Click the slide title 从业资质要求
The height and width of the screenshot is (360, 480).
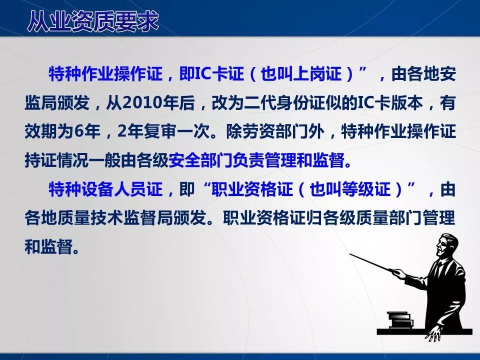[92, 21]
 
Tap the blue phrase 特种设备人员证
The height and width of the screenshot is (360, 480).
[105, 189]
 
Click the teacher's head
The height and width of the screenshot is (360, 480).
[447, 245]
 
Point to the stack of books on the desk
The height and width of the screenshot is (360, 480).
[399, 320]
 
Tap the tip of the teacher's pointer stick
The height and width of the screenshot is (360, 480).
[350, 254]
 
